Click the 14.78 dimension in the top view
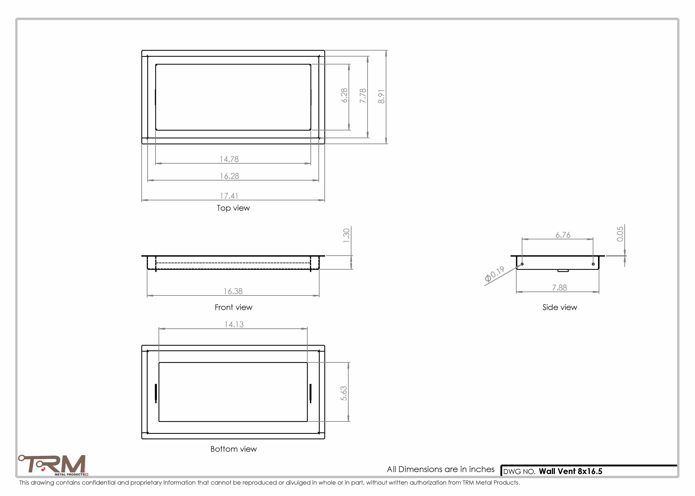(229, 159)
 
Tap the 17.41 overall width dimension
(229, 196)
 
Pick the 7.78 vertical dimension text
(363, 96)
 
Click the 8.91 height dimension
(381, 97)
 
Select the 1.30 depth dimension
(346, 235)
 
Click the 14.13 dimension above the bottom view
(234, 324)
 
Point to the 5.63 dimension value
(344, 393)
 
